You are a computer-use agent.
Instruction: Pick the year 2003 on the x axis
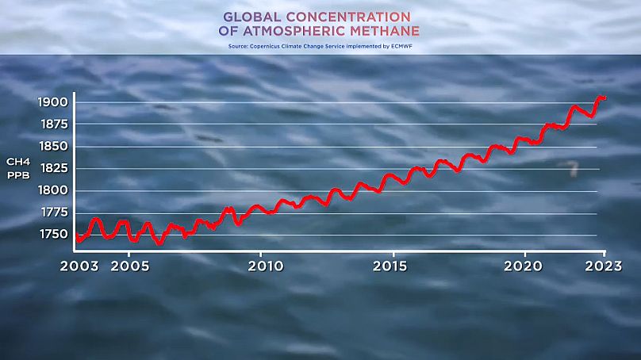tap(79, 265)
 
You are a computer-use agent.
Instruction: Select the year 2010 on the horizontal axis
tap(263, 265)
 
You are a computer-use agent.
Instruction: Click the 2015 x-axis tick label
tap(393, 265)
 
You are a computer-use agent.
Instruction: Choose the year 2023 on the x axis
tap(604, 265)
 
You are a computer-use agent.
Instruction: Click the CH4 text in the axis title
tap(19, 162)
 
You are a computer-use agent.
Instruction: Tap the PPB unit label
tap(19, 174)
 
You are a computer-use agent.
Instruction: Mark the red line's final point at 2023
tap(605, 98)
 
